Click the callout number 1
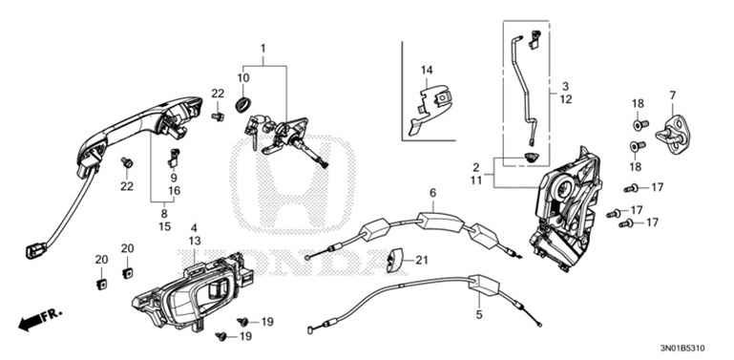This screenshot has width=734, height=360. (262, 49)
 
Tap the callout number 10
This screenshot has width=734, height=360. (243, 78)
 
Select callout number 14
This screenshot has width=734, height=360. (427, 70)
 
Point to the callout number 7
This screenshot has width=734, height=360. (672, 95)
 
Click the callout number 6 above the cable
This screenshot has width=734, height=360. (431, 194)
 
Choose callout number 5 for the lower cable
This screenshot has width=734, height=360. (478, 311)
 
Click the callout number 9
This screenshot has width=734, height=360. (175, 177)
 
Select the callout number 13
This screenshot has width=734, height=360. (194, 242)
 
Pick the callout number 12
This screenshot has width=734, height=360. (565, 98)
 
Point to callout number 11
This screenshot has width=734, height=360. (475, 180)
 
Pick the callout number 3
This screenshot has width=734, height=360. (565, 86)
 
